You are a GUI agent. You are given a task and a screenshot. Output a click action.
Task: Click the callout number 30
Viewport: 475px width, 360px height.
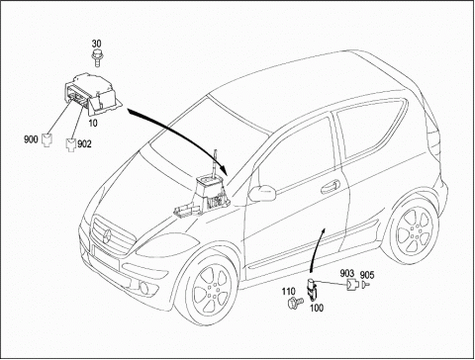click(96, 44)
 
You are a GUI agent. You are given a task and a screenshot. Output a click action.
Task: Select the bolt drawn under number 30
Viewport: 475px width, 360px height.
click(96, 58)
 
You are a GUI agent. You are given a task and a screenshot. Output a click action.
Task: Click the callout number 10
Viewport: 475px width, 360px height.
click(93, 124)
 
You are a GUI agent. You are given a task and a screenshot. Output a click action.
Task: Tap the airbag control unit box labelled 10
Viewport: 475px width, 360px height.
click(92, 94)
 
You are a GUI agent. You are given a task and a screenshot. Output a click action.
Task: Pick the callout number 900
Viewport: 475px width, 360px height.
click(31, 139)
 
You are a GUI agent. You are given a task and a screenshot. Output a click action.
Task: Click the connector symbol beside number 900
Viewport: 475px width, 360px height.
click(47, 139)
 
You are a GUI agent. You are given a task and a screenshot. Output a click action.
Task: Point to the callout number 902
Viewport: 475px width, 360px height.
click(84, 144)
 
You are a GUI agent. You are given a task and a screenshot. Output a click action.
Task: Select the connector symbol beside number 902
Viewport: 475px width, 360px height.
click(71, 144)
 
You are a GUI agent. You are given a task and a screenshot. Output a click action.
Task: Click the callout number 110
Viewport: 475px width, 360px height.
click(288, 292)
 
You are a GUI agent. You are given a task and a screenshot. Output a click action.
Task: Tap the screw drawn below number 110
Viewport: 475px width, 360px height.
click(295, 303)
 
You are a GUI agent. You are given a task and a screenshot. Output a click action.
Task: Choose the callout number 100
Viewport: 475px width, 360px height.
click(317, 309)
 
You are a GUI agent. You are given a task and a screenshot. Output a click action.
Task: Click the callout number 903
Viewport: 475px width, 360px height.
click(347, 273)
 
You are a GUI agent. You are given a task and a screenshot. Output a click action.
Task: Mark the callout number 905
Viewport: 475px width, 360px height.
click(367, 275)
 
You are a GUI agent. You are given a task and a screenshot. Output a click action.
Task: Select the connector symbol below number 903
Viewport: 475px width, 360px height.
click(352, 285)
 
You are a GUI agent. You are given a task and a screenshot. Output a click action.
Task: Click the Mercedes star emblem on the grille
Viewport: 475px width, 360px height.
click(107, 236)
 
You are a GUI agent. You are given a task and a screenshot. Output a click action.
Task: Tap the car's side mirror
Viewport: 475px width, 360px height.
click(262, 194)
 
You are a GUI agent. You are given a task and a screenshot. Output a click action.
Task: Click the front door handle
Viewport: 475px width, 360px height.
click(331, 186)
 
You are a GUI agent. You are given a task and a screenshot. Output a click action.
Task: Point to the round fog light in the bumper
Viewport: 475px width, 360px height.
click(144, 288)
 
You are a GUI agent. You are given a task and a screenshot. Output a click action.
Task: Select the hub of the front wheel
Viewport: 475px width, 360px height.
click(212, 289)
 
